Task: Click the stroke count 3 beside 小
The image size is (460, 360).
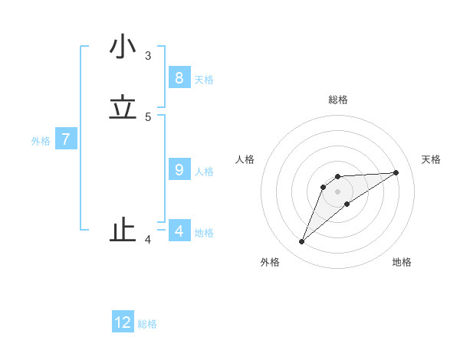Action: (148, 55)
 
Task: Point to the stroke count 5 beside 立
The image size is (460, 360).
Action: (148, 116)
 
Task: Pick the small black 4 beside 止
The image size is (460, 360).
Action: (148, 241)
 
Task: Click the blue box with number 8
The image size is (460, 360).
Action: (179, 77)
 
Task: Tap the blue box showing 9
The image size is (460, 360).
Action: (179, 169)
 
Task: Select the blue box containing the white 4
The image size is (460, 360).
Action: (179, 231)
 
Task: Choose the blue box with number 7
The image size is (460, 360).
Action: (66, 139)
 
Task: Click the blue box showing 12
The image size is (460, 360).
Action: (123, 322)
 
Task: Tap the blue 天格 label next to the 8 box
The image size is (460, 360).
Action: (203, 80)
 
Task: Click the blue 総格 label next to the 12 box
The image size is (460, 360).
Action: (147, 324)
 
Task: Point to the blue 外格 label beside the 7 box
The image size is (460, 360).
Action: (41, 141)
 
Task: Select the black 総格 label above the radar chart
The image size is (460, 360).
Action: (338, 100)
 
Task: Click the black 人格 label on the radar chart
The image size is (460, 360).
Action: (245, 159)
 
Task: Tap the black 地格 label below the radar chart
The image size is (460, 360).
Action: (402, 262)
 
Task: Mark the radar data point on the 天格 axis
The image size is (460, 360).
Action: (396, 172)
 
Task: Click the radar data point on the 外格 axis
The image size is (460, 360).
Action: (301, 242)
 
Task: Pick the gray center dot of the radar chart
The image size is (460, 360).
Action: (337, 191)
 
